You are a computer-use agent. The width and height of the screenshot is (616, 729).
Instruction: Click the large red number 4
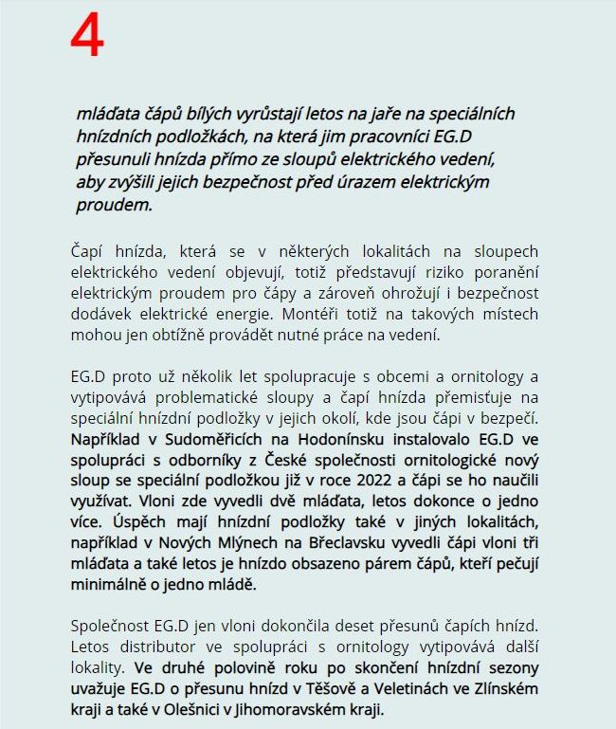tap(87, 37)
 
